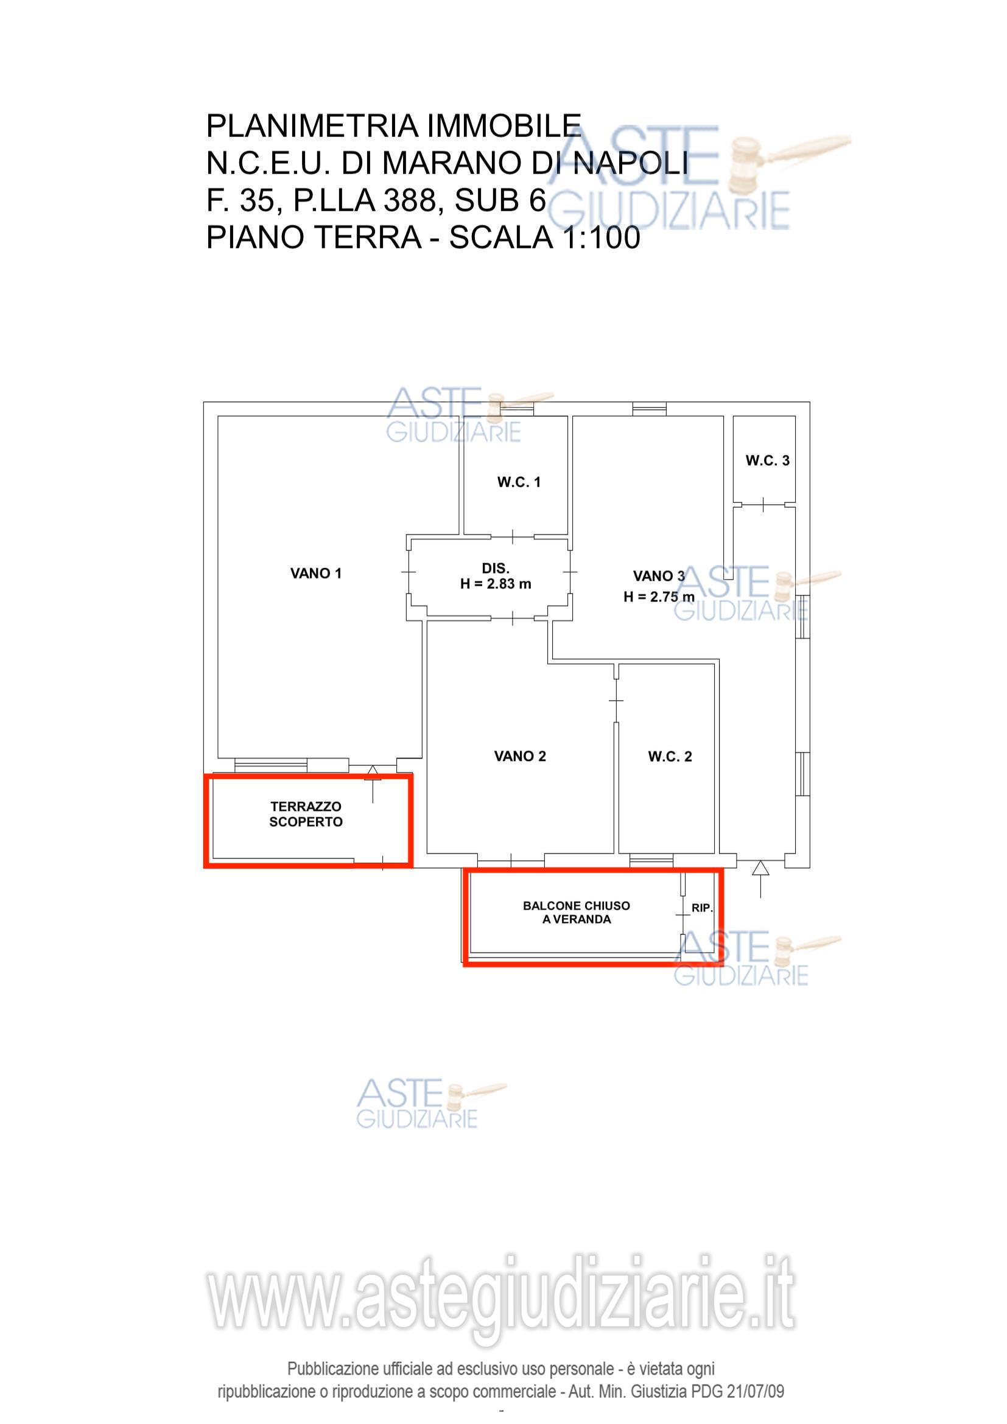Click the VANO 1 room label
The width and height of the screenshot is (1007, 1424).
pos(315,573)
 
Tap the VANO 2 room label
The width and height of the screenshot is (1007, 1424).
pos(519,756)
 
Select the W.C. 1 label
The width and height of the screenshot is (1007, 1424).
pos(519,482)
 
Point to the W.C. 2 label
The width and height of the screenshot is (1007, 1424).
pos(670,756)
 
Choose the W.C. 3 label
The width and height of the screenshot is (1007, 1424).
pos(768,460)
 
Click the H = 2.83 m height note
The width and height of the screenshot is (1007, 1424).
pos(496,584)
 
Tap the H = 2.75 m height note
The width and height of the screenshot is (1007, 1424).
pos(659,597)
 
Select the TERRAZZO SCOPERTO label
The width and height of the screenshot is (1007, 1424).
pos(306,814)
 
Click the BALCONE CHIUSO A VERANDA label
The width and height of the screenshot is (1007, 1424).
pos(576,913)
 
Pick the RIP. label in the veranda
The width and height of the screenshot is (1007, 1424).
pos(702,908)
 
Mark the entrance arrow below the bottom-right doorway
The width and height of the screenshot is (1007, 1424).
pos(760,879)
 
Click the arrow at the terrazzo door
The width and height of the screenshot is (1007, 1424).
pos(372,784)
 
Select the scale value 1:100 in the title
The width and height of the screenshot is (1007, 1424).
pos(601,237)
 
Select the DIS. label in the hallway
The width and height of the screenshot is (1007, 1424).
pos(496,568)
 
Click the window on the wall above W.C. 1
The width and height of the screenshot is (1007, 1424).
pos(516,409)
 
